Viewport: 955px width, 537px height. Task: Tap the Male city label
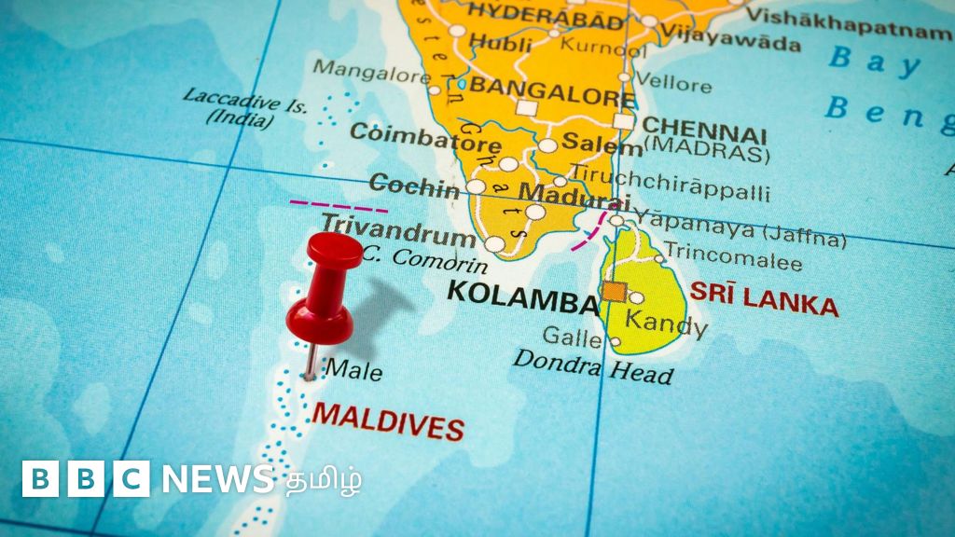[x=353, y=370]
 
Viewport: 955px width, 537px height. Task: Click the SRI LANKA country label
[x=764, y=297]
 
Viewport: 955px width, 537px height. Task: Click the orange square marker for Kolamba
[x=614, y=292]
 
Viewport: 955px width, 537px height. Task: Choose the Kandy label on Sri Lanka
[x=665, y=324]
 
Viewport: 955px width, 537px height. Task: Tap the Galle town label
[x=572, y=336]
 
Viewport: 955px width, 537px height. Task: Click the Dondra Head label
[x=592, y=365]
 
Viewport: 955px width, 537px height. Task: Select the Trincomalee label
[x=734, y=259]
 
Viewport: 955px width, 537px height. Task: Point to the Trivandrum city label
[x=398, y=228]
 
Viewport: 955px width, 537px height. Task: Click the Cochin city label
[x=414, y=185]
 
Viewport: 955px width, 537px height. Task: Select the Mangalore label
[x=370, y=70]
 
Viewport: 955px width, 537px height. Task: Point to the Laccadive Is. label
[x=244, y=106]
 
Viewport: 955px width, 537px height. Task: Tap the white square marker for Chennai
[x=623, y=121]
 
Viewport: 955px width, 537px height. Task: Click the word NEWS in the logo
[x=217, y=479]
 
